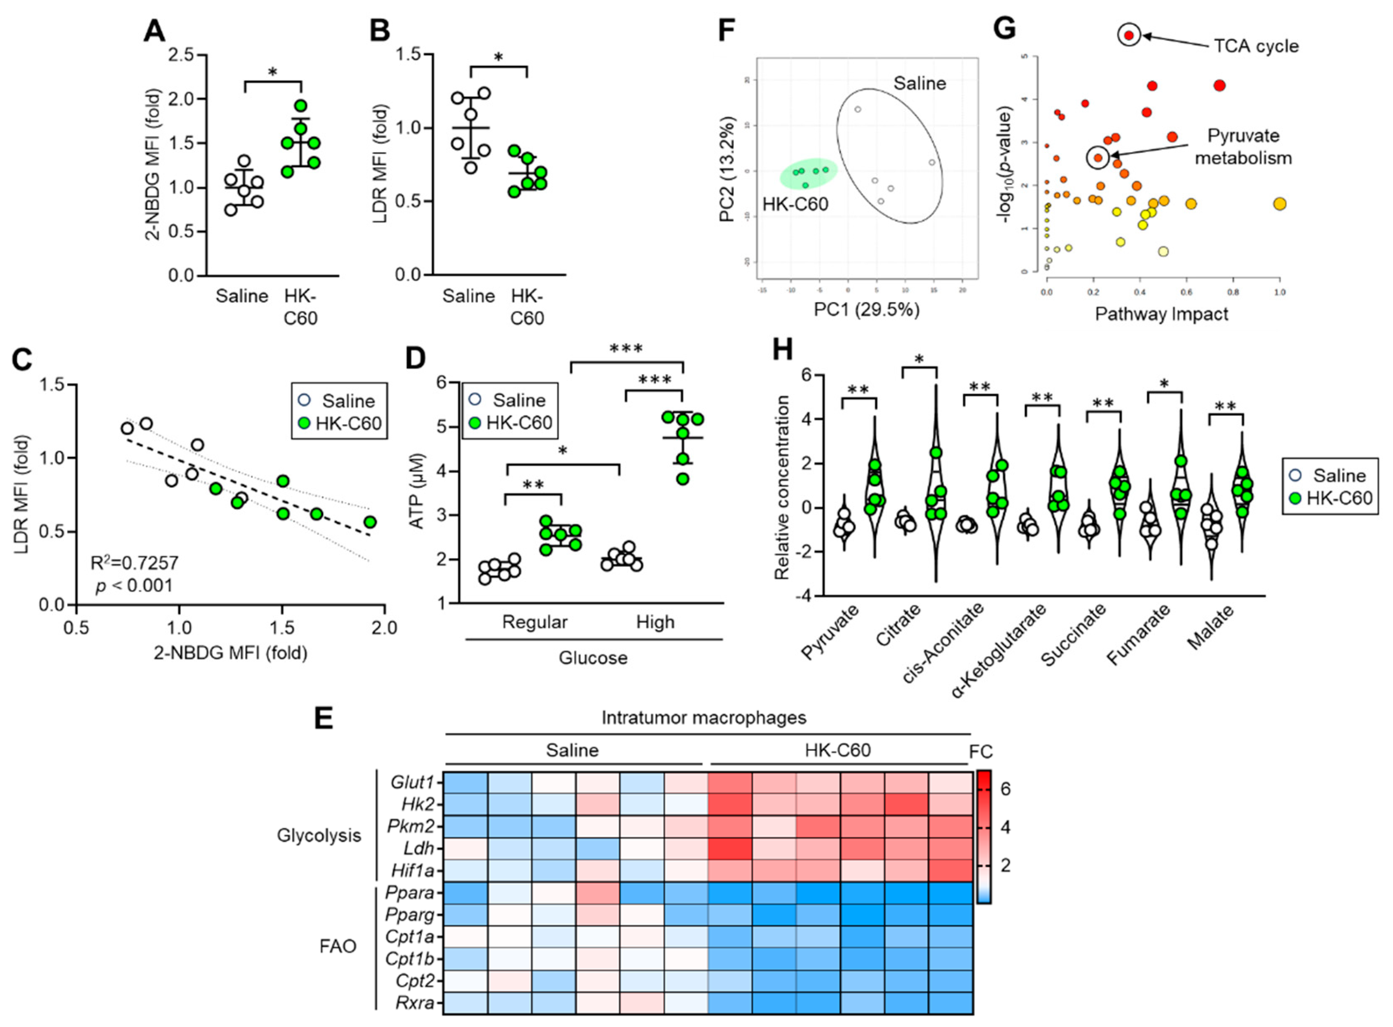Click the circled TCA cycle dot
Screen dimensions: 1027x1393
click(1129, 36)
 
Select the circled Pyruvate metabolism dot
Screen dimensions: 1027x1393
click(1098, 158)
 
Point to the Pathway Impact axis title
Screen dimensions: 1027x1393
click(1161, 314)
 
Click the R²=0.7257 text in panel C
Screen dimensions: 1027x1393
click(134, 563)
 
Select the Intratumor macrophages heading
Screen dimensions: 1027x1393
click(703, 718)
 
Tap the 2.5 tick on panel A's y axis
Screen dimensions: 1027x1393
click(181, 55)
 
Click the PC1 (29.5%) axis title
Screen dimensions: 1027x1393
click(867, 309)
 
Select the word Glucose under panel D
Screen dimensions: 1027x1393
click(593, 658)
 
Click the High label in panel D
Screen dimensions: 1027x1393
click(655, 622)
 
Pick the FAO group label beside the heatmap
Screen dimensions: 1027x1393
click(337, 946)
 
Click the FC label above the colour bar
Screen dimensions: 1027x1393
click(981, 752)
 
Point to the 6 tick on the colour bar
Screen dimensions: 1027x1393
click(1005, 789)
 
